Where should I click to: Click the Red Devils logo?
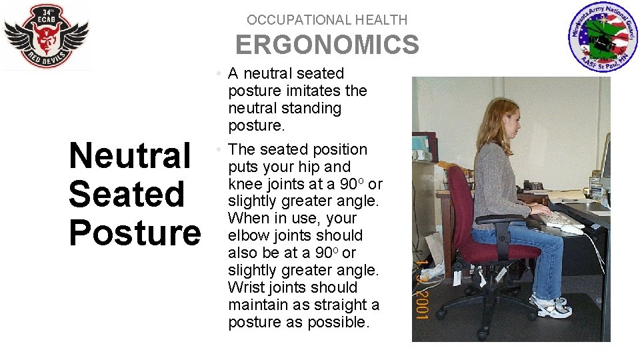[x=46, y=37]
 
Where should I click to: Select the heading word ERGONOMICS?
[x=327, y=45]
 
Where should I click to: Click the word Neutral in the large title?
[x=130, y=155]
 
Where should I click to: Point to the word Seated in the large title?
[x=127, y=194]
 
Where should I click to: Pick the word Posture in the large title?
[x=135, y=233]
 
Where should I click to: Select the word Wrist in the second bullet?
[x=246, y=287]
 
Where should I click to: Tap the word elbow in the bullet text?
[x=248, y=235]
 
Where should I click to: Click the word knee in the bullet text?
[x=245, y=184]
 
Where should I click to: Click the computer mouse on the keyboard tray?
[x=571, y=229]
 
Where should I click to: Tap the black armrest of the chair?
[x=498, y=220]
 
